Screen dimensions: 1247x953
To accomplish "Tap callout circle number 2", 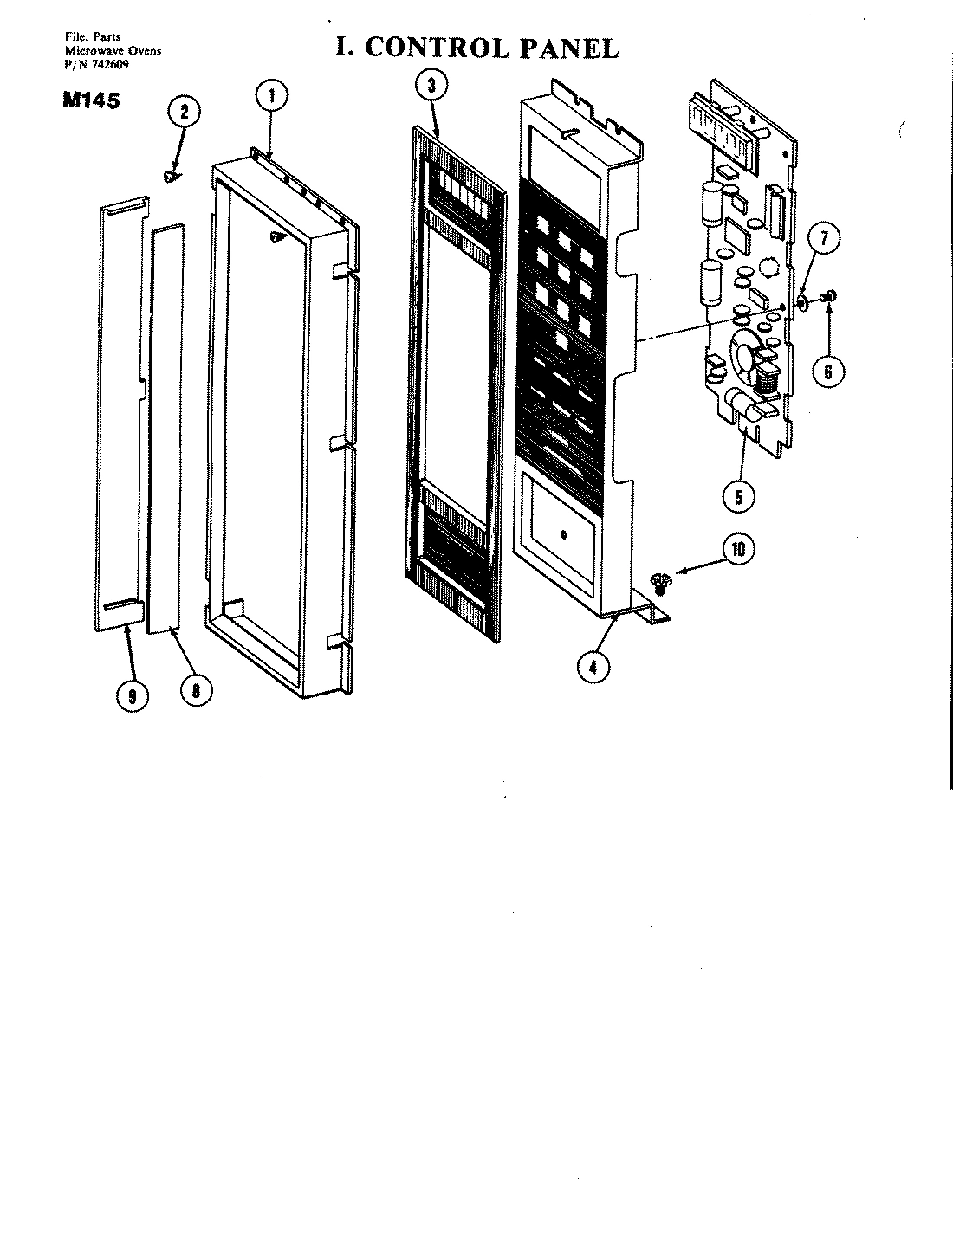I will (x=184, y=111).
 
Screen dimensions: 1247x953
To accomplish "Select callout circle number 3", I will (x=431, y=85).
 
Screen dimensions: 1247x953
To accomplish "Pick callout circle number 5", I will (x=739, y=496).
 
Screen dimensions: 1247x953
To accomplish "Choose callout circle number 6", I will (x=827, y=371).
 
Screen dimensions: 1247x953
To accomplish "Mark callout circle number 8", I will (x=198, y=689).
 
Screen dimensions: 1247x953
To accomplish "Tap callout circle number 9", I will (x=132, y=696).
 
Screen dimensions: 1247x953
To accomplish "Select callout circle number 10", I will (x=737, y=551).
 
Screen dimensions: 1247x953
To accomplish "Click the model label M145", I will (x=91, y=100).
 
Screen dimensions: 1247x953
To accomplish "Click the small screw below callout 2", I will (x=170, y=177).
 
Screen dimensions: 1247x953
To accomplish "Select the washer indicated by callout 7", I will (x=803, y=301).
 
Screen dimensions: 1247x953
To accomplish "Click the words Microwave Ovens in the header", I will (x=113, y=51).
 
